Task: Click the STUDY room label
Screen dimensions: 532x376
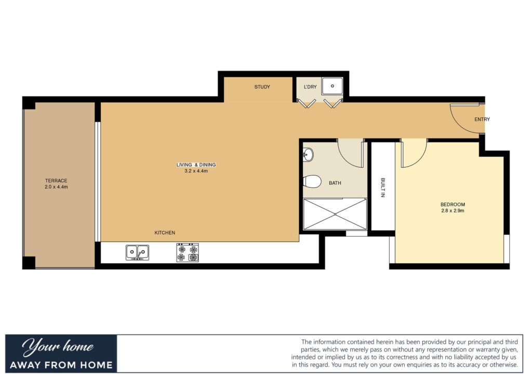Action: (x=262, y=87)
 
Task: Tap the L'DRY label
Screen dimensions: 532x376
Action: (x=310, y=87)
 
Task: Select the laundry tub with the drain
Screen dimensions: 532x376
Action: (x=332, y=86)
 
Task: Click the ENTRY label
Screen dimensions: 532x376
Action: (x=482, y=119)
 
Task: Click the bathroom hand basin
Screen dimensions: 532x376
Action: (x=308, y=155)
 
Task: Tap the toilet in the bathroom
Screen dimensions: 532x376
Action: (x=312, y=181)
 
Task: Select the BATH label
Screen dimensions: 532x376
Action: (x=335, y=183)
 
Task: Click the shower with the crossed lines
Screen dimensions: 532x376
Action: (x=335, y=214)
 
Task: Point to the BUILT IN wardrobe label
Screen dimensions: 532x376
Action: (x=383, y=187)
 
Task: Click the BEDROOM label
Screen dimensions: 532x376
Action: (x=453, y=205)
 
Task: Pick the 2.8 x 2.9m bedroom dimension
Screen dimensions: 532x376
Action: (x=453, y=210)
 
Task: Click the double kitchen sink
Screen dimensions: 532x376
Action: (x=137, y=252)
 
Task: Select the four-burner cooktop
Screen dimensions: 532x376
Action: (x=188, y=252)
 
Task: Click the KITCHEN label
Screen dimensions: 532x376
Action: (x=165, y=233)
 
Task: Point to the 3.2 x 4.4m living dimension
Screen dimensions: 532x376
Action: (x=196, y=171)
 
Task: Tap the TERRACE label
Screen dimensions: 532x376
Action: (x=56, y=181)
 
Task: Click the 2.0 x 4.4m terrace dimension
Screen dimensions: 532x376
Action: (x=56, y=187)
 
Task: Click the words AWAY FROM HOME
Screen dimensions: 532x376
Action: (x=61, y=365)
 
